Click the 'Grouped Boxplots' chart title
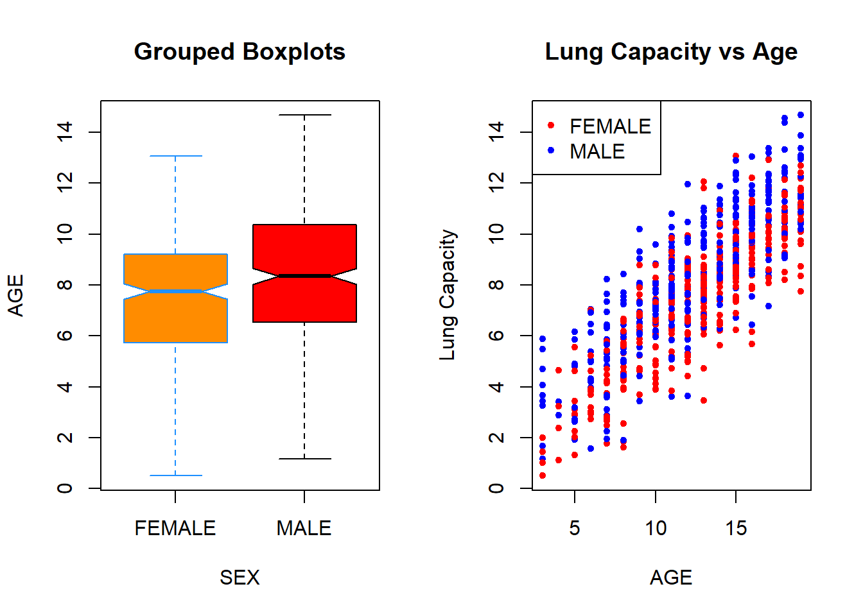coord(240,52)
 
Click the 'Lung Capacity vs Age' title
coord(671,52)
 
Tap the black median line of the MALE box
coord(304,276)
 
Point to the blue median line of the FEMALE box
coord(176,291)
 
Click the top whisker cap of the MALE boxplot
coord(304,115)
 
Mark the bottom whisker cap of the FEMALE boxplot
coord(176,475)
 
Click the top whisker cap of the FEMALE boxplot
coord(176,156)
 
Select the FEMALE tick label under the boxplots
coord(175,528)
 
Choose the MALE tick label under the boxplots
coord(304,528)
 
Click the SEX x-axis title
coord(240,577)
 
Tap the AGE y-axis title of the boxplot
coord(16,295)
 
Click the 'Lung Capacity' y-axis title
coord(448,295)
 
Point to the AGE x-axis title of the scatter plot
coord(671,577)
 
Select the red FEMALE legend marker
coord(551,125)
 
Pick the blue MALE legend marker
coord(551,150)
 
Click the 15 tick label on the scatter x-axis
coord(737,528)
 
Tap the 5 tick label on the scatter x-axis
coord(575,528)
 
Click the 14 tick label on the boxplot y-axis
coord(65,132)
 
